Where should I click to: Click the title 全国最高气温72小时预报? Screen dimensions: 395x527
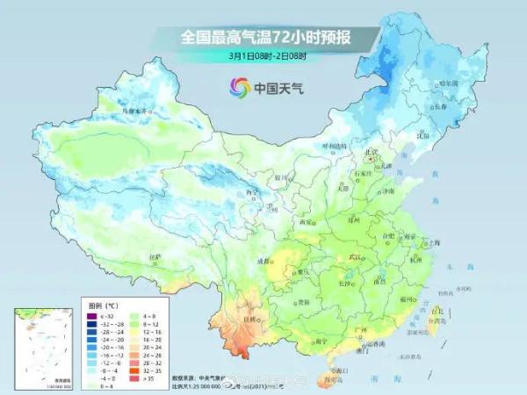point(264,37)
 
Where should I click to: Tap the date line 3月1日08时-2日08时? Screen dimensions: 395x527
point(264,56)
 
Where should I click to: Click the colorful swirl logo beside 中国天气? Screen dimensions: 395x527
point(239,87)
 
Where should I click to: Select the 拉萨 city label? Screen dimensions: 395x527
point(155,257)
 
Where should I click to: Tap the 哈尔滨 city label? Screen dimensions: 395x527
point(449,83)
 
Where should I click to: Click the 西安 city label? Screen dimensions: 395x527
point(307,223)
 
